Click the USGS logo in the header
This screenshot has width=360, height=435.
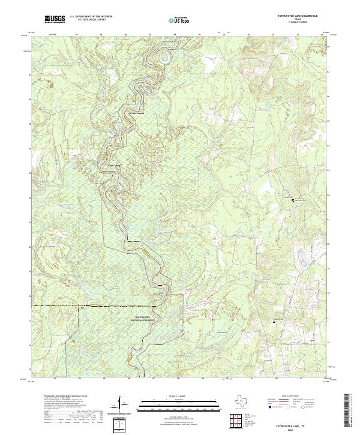point(55,19)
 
